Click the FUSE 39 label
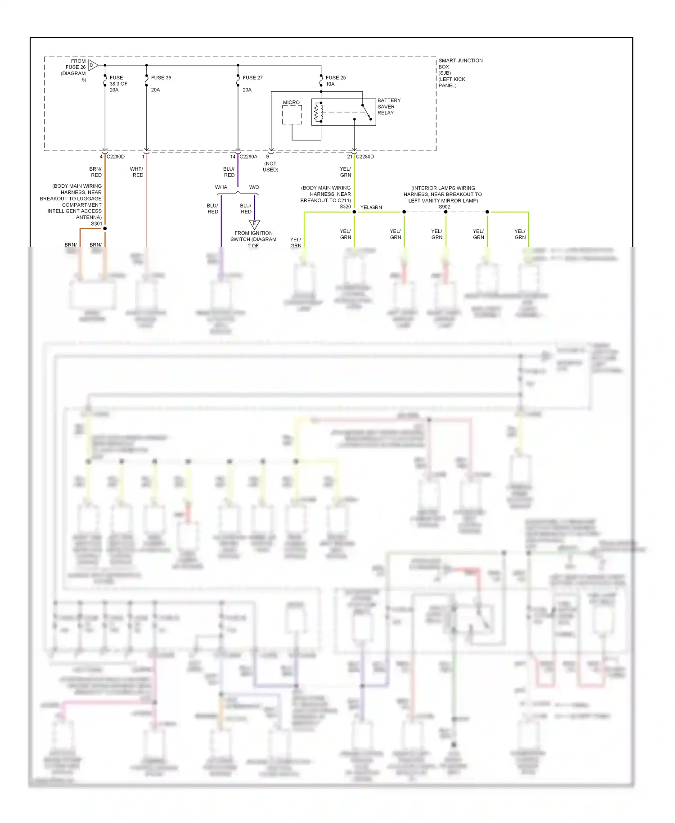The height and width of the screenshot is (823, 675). (161, 77)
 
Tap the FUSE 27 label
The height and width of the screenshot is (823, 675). (252, 77)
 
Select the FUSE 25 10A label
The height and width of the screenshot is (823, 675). (336, 81)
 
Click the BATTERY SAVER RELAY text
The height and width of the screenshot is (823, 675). (388, 107)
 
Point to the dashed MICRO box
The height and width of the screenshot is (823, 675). (292, 115)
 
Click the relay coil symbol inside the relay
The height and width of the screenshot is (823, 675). (319, 112)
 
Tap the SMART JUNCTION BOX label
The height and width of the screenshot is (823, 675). (460, 72)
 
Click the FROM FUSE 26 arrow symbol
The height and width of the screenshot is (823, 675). (93, 65)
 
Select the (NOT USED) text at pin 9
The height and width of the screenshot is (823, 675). (270, 167)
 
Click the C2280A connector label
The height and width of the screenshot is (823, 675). (248, 157)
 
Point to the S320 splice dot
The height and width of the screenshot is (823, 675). (354, 212)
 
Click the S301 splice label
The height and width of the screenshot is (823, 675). (96, 223)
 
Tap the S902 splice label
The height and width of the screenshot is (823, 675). (444, 207)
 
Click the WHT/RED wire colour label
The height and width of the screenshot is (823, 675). (137, 172)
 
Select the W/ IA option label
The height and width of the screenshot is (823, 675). (221, 187)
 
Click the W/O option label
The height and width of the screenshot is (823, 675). (254, 187)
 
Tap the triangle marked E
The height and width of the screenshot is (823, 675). (254, 224)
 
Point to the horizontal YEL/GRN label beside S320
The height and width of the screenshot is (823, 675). (371, 208)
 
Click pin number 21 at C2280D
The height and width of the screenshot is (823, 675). (350, 157)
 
